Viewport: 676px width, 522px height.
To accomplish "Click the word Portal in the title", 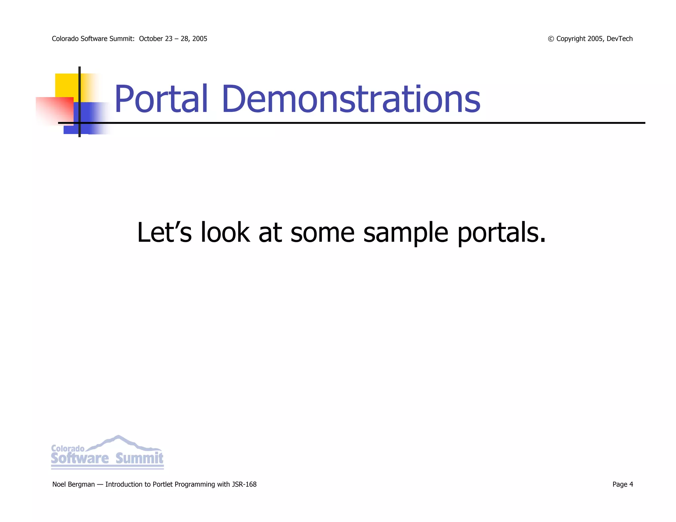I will [161, 99].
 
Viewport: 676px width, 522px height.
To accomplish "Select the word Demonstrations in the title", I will [351, 99].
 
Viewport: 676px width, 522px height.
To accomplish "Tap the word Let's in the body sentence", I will [164, 232].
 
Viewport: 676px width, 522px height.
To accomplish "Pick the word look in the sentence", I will [225, 232].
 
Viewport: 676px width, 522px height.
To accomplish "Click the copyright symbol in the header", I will [551, 39].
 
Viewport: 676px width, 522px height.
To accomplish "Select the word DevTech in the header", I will [620, 39].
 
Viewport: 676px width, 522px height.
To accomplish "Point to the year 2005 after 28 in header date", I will [200, 39].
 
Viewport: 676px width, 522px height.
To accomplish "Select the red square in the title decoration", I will [55, 111].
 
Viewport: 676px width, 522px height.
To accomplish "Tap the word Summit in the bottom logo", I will [139, 458].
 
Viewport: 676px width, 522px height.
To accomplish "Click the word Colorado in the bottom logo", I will [68, 448].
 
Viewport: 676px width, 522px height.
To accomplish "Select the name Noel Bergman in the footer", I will [73, 484].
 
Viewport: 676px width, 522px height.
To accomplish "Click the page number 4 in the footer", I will [631, 484].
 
